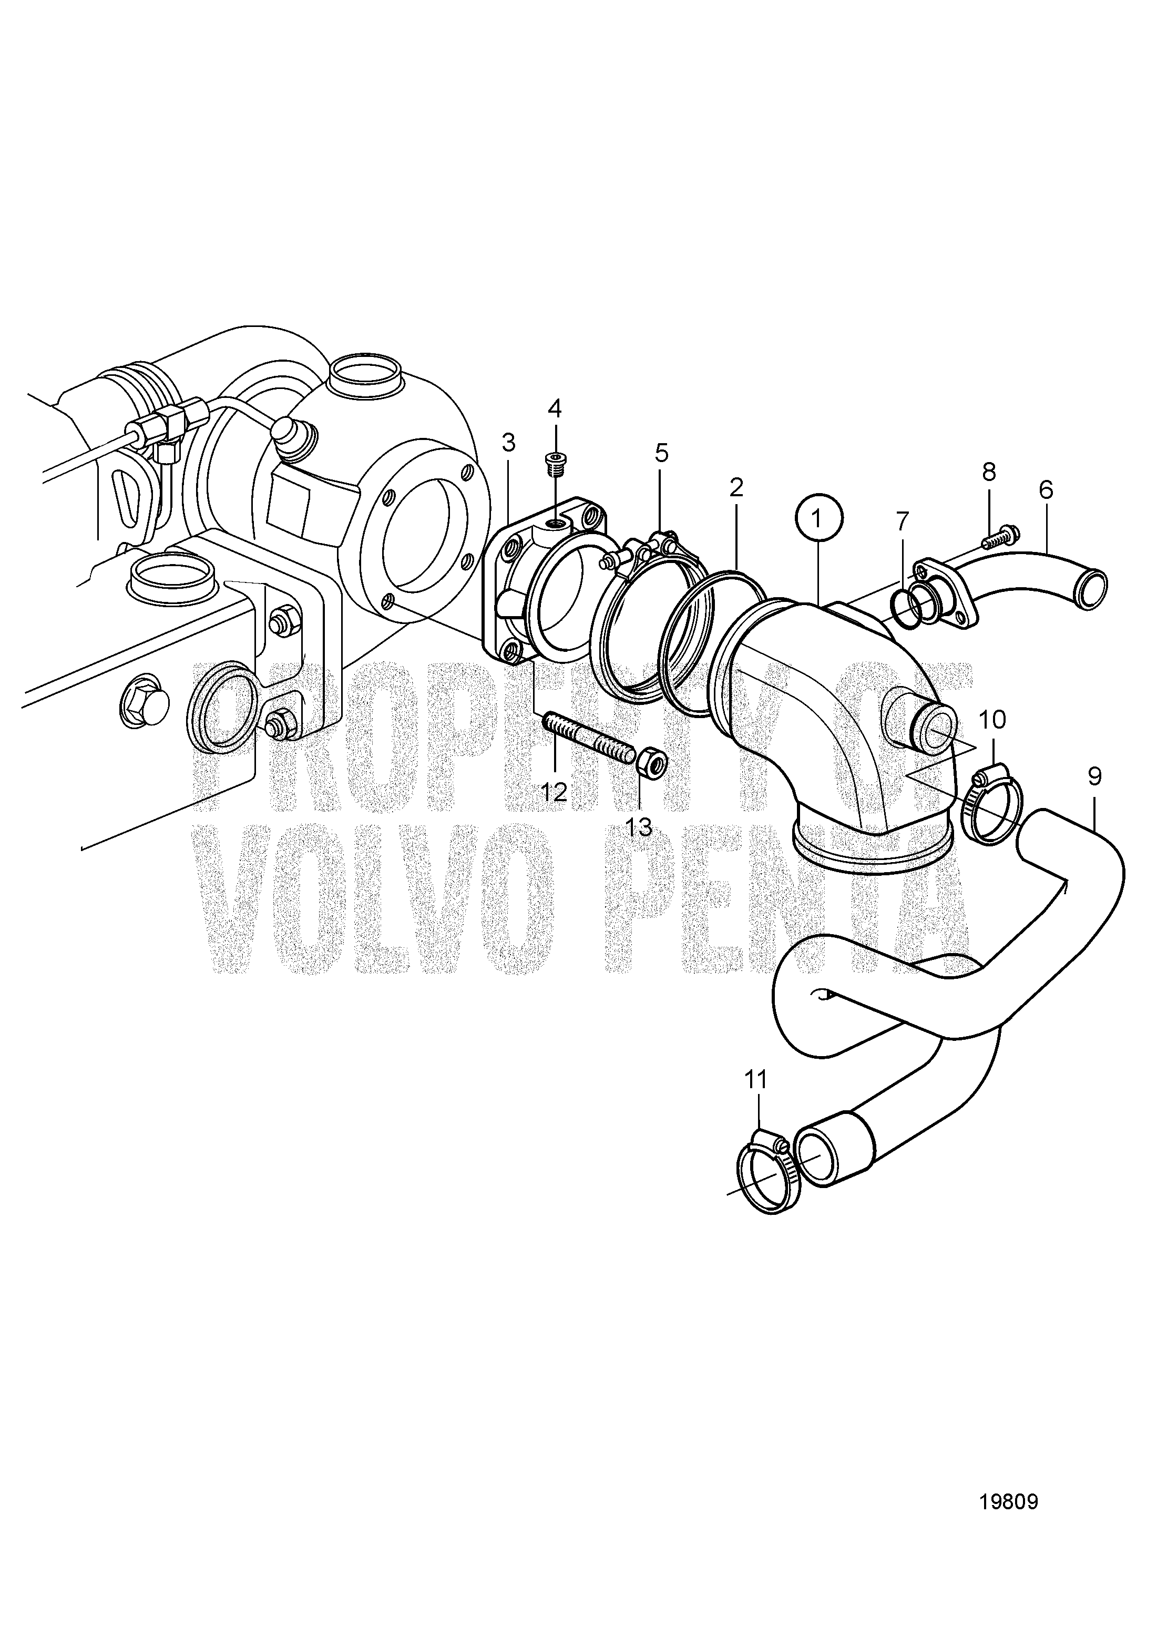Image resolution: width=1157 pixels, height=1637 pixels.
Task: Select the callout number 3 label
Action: (508, 443)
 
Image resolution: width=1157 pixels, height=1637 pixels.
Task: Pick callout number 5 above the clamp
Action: (661, 452)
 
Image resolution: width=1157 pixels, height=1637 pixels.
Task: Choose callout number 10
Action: (993, 719)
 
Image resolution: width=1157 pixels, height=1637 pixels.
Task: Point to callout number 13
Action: (639, 826)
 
